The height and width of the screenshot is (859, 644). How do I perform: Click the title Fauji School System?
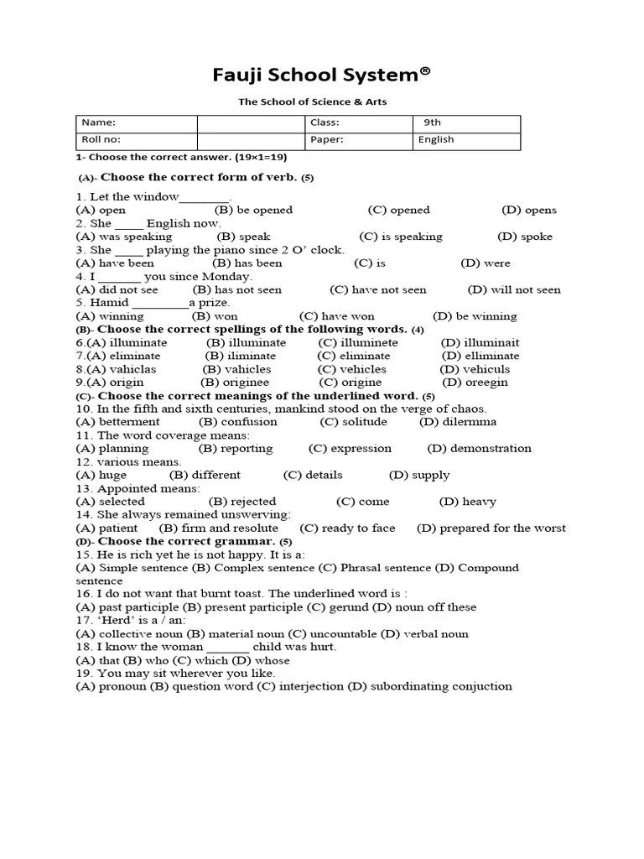(322, 75)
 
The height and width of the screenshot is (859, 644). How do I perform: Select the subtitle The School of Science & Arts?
(313, 102)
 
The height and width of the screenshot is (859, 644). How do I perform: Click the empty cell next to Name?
(251, 122)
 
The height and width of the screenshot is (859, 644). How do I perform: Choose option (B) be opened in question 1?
(253, 211)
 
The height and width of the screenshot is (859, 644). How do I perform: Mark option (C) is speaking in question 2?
(401, 237)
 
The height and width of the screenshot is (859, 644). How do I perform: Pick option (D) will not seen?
(514, 290)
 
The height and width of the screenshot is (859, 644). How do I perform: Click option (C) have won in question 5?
(336, 317)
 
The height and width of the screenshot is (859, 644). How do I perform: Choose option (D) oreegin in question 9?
(475, 383)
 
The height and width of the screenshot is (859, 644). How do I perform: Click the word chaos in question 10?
(469, 409)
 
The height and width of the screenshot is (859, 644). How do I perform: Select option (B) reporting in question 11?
(236, 449)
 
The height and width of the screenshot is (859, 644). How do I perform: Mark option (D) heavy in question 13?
(467, 502)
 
